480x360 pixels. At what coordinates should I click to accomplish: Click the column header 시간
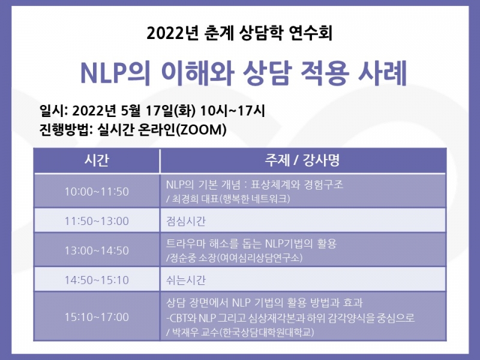click(97, 161)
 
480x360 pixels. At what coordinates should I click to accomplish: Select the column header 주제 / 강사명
click(302, 161)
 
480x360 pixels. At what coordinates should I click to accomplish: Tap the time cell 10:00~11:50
click(97, 191)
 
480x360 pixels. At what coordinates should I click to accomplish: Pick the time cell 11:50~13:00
click(97, 221)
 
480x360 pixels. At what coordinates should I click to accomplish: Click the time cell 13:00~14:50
click(97, 250)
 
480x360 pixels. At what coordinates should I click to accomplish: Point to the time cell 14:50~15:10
click(97, 280)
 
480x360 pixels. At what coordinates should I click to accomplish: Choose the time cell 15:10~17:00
click(97, 317)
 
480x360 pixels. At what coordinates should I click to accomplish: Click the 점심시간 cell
click(185, 221)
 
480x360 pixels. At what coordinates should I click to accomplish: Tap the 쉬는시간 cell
click(185, 280)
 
